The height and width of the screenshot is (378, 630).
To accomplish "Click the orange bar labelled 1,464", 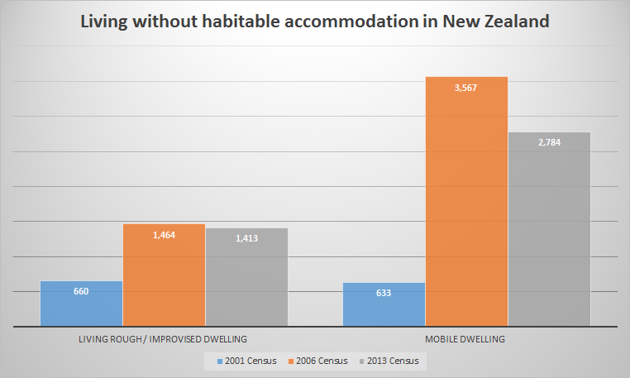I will [164, 281].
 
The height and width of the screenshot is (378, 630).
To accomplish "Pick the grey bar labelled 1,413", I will [246, 285].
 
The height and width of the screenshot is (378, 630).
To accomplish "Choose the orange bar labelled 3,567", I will [466, 207].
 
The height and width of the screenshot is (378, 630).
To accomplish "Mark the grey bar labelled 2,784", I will [549, 232].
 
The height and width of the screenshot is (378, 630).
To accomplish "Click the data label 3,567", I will [466, 87].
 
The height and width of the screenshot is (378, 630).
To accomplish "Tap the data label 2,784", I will [549, 142].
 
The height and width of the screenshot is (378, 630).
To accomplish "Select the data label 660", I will [81, 290].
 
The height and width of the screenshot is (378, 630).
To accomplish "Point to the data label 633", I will [384, 293].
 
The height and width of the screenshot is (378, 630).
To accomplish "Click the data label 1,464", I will [164, 235].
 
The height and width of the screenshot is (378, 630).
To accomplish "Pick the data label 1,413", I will [246, 238].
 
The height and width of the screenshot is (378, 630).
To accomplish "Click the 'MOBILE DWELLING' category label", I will [466, 339].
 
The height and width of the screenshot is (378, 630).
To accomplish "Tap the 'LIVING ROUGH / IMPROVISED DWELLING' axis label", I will [163, 339].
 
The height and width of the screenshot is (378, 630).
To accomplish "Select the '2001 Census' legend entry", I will [247, 361].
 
